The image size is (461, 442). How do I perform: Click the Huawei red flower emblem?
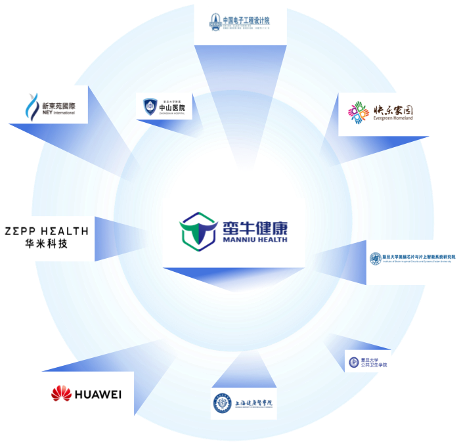click(x=62, y=393)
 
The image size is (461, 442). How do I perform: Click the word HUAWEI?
click(x=98, y=394)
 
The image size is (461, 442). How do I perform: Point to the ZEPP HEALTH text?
click(x=46, y=231)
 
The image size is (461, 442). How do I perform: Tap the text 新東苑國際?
click(x=58, y=105)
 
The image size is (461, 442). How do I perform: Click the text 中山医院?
click(x=172, y=107)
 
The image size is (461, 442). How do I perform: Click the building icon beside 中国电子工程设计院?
click(x=215, y=21)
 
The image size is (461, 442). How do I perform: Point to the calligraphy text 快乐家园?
click(x=391, y=110)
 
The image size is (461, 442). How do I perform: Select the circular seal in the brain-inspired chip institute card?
click(x=376, y=259)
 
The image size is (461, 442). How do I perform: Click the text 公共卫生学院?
click(x=374, y=365)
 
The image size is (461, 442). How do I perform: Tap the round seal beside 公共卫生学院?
click(x=354, y=361)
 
